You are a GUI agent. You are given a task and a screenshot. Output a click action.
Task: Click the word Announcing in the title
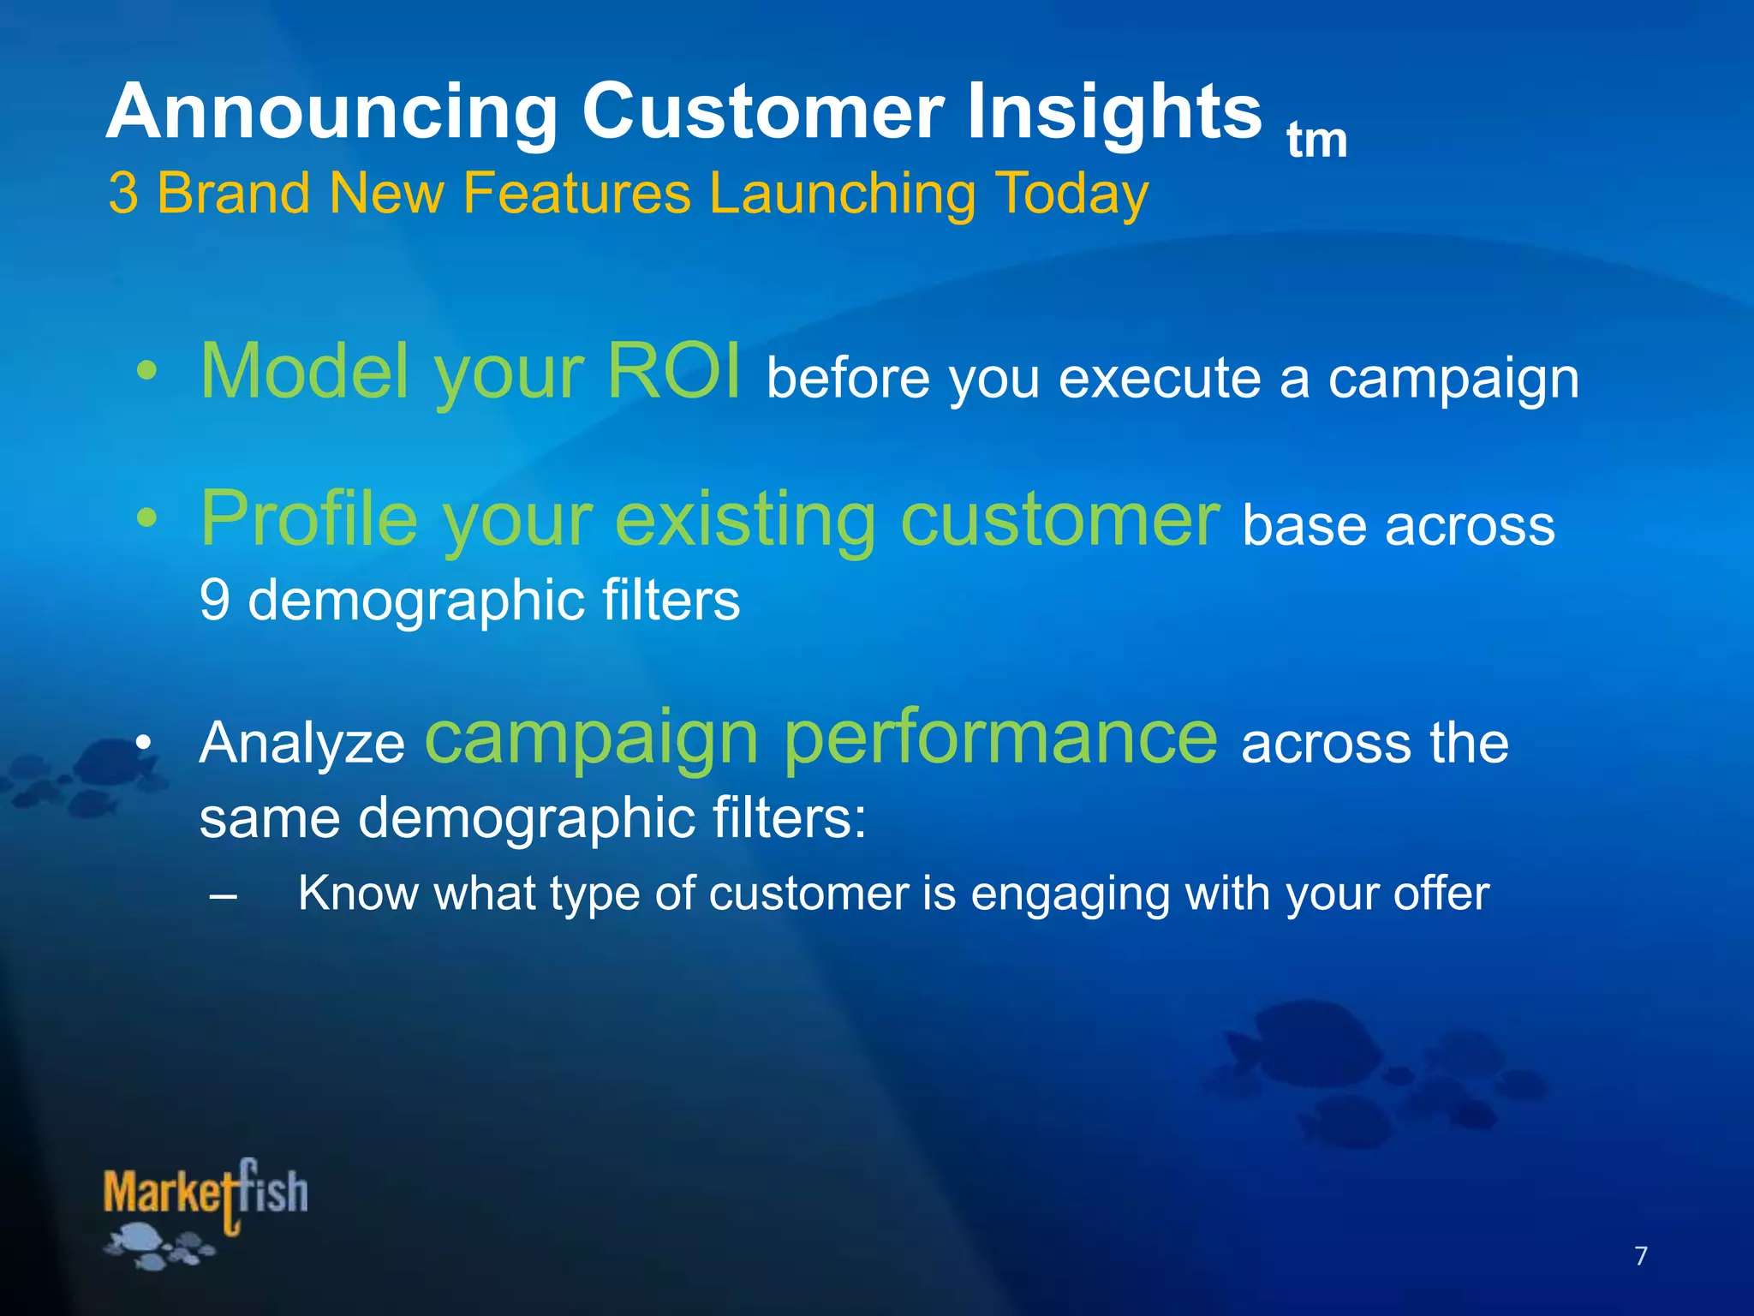[332, 113]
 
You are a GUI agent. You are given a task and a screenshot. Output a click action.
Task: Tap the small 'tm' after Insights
[1316, 141]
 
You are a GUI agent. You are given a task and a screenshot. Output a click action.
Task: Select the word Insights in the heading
[1113, 113]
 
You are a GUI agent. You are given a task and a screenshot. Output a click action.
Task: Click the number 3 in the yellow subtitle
[123, 194]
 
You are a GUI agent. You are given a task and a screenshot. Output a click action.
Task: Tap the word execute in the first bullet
[1160, 379]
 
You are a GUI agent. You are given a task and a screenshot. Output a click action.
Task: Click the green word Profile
[308, 519]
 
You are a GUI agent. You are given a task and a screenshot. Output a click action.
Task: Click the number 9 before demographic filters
[214, 600]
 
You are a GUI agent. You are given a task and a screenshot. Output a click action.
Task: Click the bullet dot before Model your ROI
[147, 372]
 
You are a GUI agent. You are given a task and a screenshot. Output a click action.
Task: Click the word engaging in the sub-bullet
[1069, 894]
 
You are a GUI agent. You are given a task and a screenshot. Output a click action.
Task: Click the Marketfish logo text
[206, 1193]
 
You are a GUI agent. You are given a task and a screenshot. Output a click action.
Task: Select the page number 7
[1641, 1256]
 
